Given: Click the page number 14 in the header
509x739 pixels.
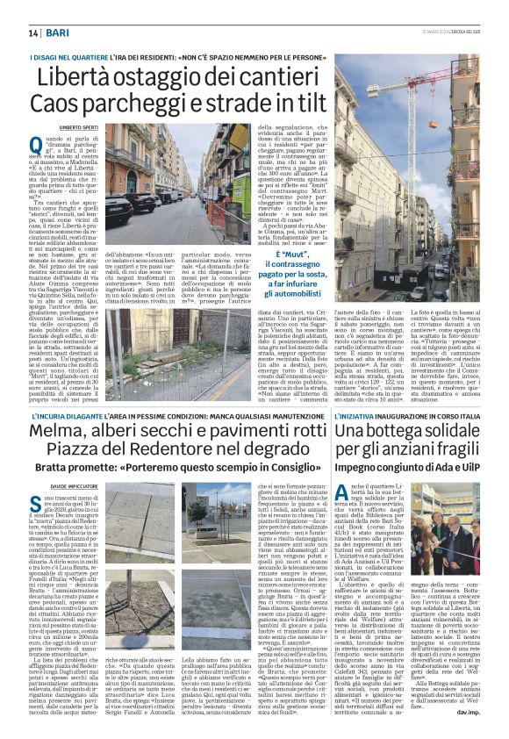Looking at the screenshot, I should click(33, 32).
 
